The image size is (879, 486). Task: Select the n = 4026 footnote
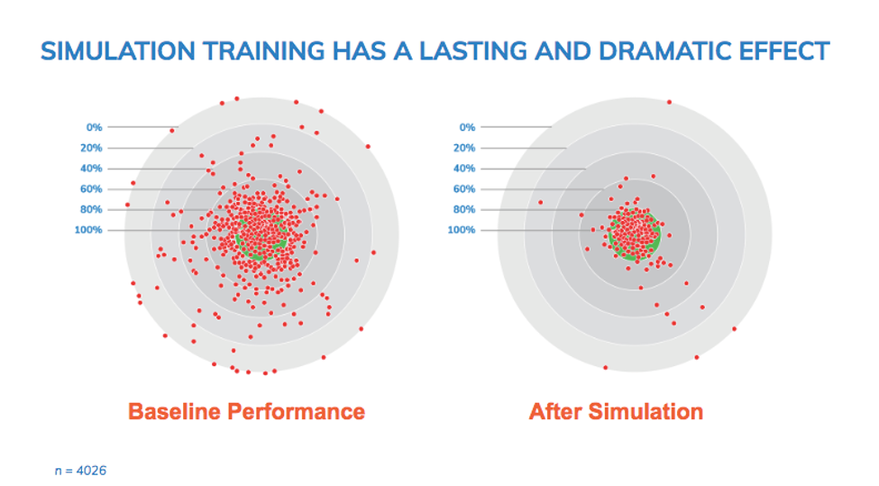click(80, 470)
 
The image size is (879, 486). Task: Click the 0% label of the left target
click(94, 127)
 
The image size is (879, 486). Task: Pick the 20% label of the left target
click(91, 148)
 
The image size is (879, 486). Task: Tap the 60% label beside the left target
click(91, 189)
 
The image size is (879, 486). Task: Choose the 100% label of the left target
click(88, 230)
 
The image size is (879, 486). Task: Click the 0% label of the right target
click(466, 127)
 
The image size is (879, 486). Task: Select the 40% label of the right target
click(463, 169)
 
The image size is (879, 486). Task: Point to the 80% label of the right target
click(463, 210)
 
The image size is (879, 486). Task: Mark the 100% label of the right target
click(461, 230)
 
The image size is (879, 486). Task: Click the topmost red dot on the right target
click(669, 102)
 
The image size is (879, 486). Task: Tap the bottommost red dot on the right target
click(605, 368)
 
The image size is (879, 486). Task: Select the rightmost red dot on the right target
click(734, 328)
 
